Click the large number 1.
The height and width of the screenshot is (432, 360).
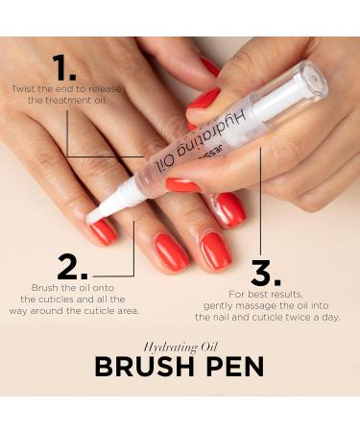click(64, 68)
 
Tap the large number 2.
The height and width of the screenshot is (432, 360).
click(73, 268)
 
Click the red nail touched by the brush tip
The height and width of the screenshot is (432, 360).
click(102, 230)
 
